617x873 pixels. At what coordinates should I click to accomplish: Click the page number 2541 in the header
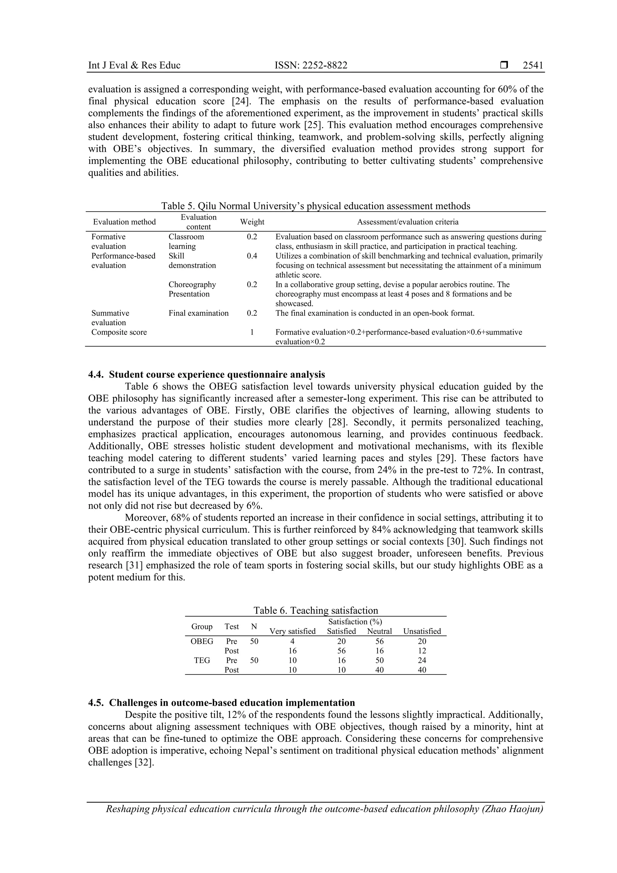(x=533, y=65)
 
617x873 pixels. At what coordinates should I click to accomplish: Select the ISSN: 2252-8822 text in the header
(x=311, y=65)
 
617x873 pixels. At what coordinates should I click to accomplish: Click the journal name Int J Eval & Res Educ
(x=134, y=65)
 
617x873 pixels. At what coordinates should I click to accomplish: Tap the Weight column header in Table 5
(x=252, y=222)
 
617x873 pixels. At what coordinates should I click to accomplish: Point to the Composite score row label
(x=119, y=332)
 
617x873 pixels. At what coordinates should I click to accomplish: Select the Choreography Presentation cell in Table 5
(x=192, y=289)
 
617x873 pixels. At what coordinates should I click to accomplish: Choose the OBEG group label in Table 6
(x=202, y=641)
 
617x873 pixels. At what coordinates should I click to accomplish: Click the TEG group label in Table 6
(x=202, y=660)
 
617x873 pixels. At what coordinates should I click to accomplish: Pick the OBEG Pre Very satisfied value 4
(x=292, y=641)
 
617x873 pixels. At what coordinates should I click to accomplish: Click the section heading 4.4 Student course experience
(x=206, y=375)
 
